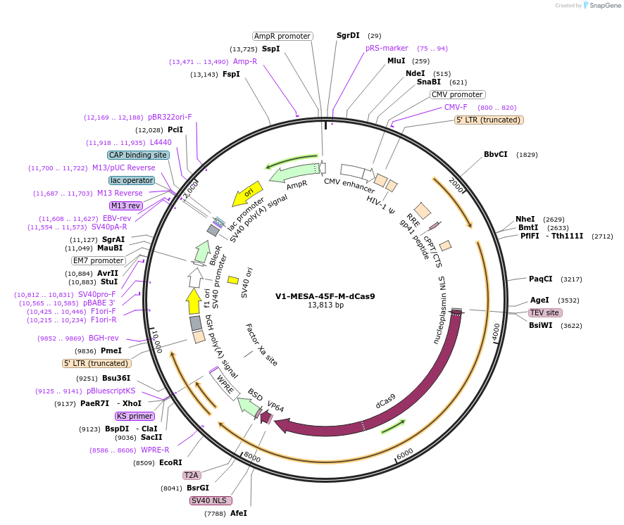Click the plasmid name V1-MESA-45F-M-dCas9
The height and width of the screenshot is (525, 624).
click(x=325, y=296)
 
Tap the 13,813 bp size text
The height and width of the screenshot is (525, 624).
click(x=325, y=305)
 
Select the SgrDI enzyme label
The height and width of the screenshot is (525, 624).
click(x=348, y=35)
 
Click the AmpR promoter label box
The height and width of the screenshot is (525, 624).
click(x=282, y=36)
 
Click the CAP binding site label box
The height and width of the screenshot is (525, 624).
click(x=138, y=155)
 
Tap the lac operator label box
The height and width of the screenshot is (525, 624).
click(x=132, y=180)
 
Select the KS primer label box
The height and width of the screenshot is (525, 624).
click(x=135, y=416)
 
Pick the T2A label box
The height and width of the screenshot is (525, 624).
click(x=192, y=475)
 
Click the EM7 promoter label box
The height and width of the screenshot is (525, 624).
click(x=99, y=260)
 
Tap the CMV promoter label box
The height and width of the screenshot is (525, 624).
click(x=457, y=94)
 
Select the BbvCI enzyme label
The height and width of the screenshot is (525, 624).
click(x=495, y=154)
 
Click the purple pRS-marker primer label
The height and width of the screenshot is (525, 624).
click(x=387, y=48)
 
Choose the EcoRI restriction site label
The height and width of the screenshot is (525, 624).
click(x=170, y=462)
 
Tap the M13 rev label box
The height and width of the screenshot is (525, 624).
click(x=125, y=205)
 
